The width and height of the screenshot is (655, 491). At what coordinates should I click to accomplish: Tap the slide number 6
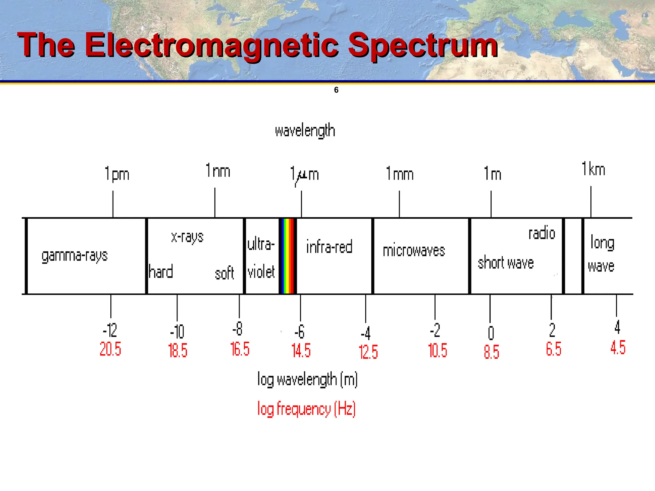pyautogui.click(x=336, y=90)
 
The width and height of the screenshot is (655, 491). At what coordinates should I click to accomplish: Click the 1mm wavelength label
pyautogui.click(x=400, y=174)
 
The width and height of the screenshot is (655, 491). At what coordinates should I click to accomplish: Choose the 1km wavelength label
pyautogui.click(x=594, y=169)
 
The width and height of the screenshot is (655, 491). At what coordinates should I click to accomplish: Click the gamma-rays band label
pyautogui.click(x=75, y=256)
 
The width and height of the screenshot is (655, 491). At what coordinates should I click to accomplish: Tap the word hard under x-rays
pyautogui.click(x=161, y=272)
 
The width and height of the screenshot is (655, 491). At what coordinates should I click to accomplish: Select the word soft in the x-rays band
pyautogui.click(x=224, y=274)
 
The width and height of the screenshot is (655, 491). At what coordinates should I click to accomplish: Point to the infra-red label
pyautogui.click(x=329, y=247)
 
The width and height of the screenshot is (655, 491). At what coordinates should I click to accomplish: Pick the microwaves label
pyautogui.click(x=414, y=251)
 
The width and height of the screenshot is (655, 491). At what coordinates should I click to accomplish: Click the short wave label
pyautogui.click(x=506, y=263)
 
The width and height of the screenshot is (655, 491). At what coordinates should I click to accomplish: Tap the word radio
pyautogui.click(x=542, y=233)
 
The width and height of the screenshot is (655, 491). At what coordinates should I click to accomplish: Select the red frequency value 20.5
pyautogui.click(x=110, y=349)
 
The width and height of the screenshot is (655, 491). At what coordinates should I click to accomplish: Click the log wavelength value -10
pyautogui.click(x=177, y=332)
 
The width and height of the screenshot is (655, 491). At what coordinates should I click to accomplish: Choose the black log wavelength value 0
pyautogui.click(x=491, y=333)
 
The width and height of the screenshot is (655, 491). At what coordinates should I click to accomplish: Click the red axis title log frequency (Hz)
pyautogui.click(x=306, y=409)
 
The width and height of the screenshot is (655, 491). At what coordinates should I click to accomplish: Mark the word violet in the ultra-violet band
pyautogui.click(x=261, y=272)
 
